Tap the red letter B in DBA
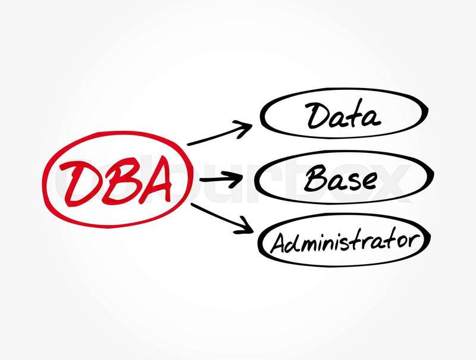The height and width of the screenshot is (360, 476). click(x=117, y=181)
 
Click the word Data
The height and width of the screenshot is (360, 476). click(x=343, y=115)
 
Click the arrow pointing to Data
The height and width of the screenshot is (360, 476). click(x=220, y=133)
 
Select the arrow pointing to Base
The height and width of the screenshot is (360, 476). click(x=221, y=179)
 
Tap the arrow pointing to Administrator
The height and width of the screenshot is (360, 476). click(x=222, y=218)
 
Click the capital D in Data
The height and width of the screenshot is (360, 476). click(x=318, y=115)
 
